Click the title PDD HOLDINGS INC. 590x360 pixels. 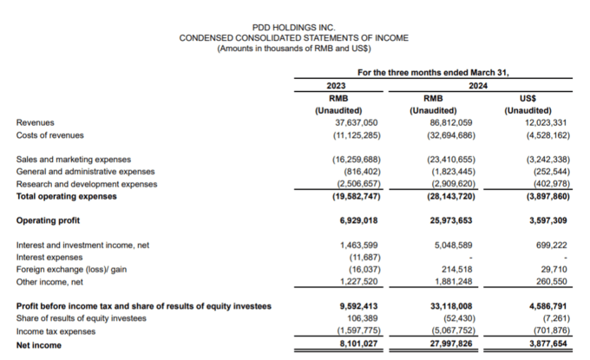click(292, 28)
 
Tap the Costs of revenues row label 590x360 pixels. click(50, 134)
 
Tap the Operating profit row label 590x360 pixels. click(48, 220)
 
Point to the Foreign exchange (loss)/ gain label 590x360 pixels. click(72, 270)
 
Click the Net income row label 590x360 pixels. click(40, 344)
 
